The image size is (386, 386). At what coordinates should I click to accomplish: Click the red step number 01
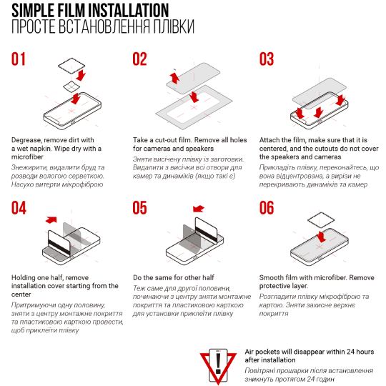(19, 59)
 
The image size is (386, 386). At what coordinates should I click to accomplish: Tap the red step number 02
(139, 59)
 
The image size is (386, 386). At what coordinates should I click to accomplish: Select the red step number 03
(267, 59)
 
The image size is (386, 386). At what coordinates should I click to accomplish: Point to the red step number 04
(19, 208)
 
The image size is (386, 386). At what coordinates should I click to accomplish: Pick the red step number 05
(139, 208)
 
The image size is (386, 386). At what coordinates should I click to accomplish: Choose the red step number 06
(267, 208)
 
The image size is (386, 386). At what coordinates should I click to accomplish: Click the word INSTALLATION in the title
(129, 10)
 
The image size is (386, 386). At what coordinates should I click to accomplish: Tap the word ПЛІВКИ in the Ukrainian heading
(174, 26)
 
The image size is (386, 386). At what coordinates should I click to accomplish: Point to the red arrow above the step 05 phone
(199, 209)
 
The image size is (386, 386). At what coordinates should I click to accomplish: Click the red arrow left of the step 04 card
(51, 220)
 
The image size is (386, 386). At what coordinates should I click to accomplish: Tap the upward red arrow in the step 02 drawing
(174, 77)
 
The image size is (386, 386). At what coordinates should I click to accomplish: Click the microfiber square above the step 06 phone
(321, 220)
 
